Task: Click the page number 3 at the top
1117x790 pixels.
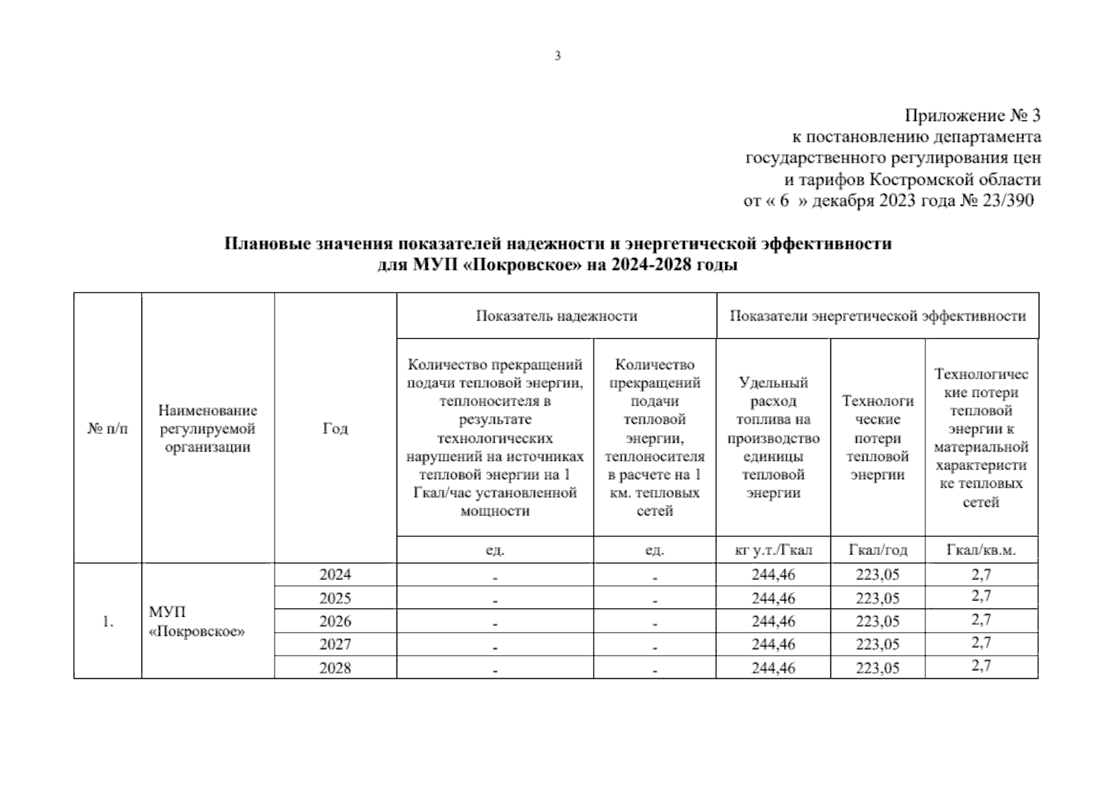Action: (x=558, y=56)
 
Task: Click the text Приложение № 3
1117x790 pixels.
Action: (x=972, y=116)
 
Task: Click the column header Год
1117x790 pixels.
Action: (x=335, y=429)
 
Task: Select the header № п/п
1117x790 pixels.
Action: (x=107, y=429)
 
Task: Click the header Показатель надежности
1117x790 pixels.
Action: (x=557, y=316)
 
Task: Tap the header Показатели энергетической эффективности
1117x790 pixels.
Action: (x=877, y=316)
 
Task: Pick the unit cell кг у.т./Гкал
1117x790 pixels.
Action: (x=773, y=550)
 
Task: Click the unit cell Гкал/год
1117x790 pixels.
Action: (x=877, y=550)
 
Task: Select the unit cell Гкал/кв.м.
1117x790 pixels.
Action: (x=981, y=550)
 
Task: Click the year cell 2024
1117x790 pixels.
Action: (x=335, y=575)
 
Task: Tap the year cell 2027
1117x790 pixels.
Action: (x=335, y=645)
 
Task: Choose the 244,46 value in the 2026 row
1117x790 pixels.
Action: (x=773, y=621)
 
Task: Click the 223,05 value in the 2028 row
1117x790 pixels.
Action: (x=877, y=668)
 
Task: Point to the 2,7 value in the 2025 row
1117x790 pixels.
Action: (x=981, y=596)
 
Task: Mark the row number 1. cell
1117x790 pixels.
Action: (x=107, y=621)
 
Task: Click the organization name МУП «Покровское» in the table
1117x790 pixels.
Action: (x=196, y=621)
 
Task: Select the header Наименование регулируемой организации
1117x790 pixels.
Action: (x=207, y=429)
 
